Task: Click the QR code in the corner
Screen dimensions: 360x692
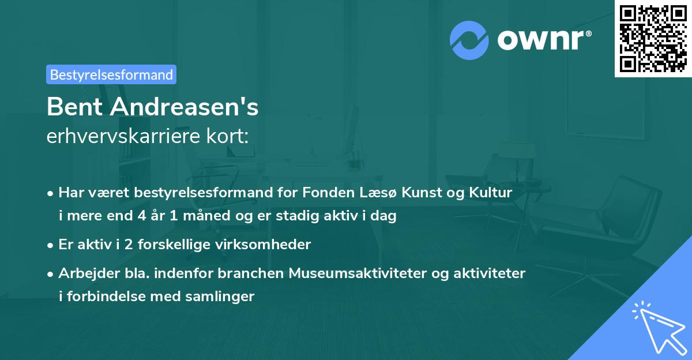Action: [653, 39]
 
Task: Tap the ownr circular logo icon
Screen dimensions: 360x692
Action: [469, 40]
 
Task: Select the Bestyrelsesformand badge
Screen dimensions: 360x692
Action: [111, 74]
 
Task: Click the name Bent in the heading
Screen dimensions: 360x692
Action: [73, 107]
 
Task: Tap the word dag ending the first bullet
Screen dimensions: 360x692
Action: [384, 216]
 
